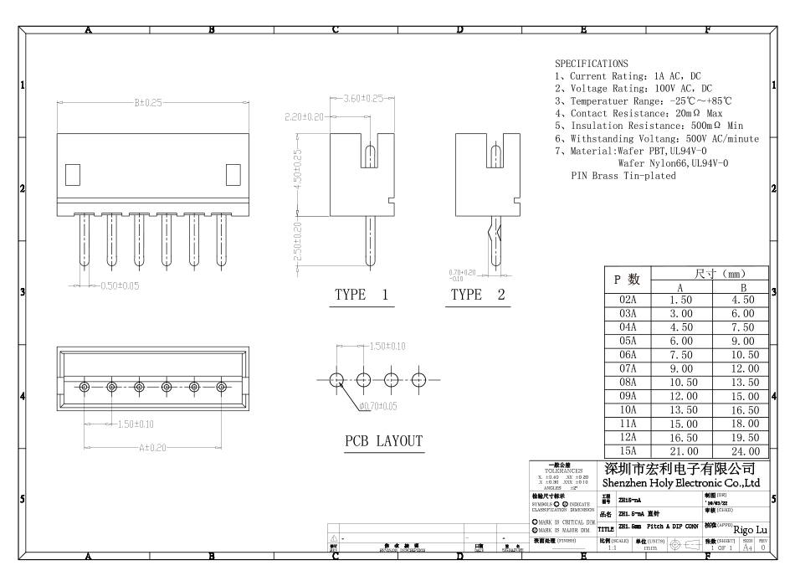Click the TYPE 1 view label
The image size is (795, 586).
(362, 295)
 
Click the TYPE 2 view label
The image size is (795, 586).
(478, 295)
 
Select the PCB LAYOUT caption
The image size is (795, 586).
(384, 441)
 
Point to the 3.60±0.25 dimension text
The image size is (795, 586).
(362, 99)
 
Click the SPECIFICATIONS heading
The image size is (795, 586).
(591, 64)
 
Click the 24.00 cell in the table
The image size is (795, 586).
(740, 450)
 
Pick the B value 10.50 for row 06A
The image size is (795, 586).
(740, 354)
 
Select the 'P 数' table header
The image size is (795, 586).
(627, 280)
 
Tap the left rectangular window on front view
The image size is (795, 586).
(72, 175)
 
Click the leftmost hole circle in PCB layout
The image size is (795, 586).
(336, 379)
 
